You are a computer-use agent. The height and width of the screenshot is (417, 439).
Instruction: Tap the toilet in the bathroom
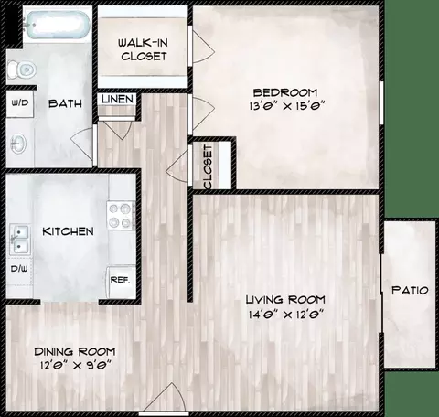(x=23, y=66)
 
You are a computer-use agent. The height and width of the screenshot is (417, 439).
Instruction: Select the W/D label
(x=19, y=103)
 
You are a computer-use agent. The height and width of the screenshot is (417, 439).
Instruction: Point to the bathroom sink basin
(x=18, y=144)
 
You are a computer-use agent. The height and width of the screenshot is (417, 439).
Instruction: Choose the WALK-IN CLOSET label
(x=145, y=49)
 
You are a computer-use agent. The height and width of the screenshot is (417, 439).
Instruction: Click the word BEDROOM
(x=284, y=91)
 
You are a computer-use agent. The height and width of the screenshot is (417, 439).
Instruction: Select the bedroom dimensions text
(x=284, y=106)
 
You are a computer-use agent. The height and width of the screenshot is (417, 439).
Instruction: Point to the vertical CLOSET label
(x=209, y=166)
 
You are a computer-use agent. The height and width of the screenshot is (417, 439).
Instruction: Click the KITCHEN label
(x=68, y=231)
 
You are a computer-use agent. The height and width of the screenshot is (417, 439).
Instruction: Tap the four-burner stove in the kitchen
(x=120, y=214)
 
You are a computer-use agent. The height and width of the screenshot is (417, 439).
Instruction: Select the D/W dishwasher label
(x=18, y=270)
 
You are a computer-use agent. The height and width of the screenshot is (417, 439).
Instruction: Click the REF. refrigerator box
(x=119, y=280)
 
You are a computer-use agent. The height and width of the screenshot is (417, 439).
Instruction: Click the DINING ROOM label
(x=75, y=352)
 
